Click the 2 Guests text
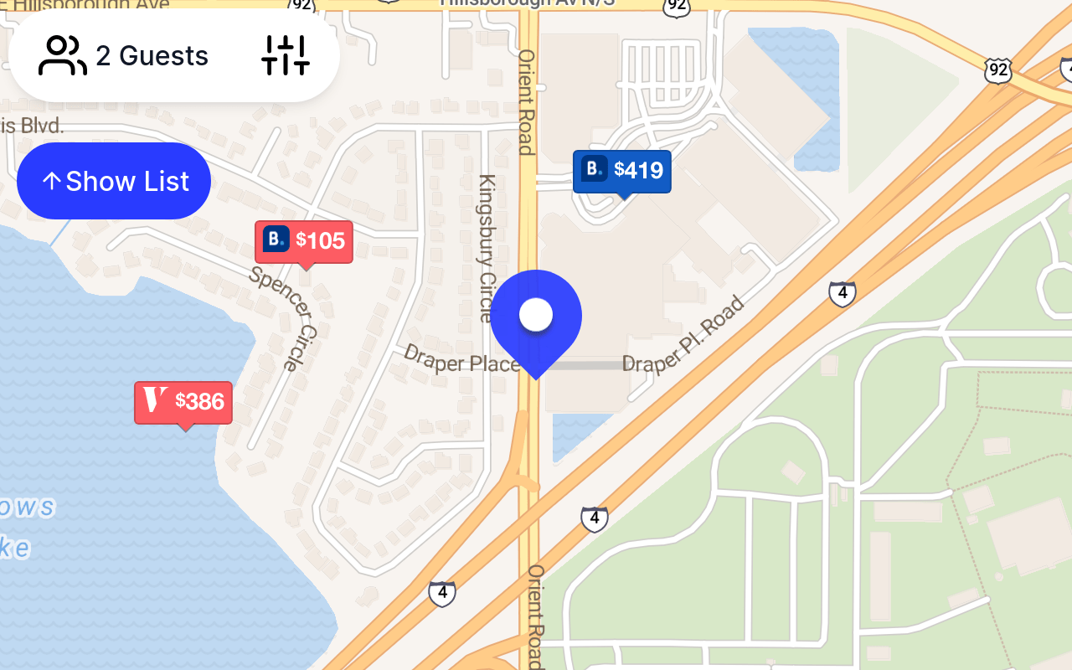pyautogui.click(x=152, y=56)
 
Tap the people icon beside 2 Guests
pyautogui.click(x=63, y=56)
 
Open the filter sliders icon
pyautogui.click(x=286, y=56)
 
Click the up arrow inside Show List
pyautogui.click(x=51, y=181)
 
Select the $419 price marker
pyautogui.click(x=621, y=171)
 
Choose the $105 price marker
pyautogui.click(x=304, y=241)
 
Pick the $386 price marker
pyautogui.click(x=183, y=402)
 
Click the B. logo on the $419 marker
pyautogui.click(x=594, y=169)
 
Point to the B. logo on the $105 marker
pyautogui.click(x=276, y=240)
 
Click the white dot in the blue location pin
pyautogui.click(x=536, y=315)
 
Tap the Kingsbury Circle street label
pyautogui.click(x=487, y=248)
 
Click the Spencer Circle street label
pyautogui.click(x=284, y=317)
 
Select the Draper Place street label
pyautogui.click(x=461, y=359)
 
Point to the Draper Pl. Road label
pyautogui.click(x=684, y=335)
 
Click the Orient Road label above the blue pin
pyautogui.click(x=526, y=101)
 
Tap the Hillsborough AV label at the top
pyautogui.click(x=528, y=3)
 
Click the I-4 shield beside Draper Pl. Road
pyautogui.click(x=843, y=294)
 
